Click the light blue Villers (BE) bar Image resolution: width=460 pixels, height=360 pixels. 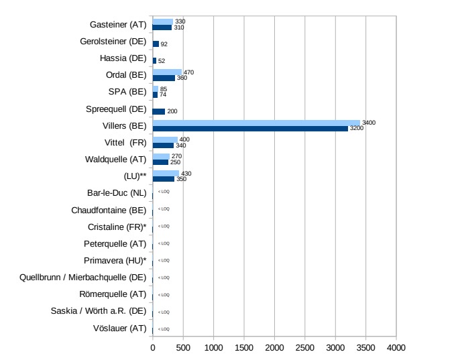256,123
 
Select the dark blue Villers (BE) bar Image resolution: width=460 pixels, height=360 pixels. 250,128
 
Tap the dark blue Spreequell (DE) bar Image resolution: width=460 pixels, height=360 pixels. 159,111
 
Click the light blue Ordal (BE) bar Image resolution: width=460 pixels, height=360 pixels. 167,72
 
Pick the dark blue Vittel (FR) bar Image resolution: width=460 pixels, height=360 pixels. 163,145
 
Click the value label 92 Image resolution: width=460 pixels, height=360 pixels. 164,44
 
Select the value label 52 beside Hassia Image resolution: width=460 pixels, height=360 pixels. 162,61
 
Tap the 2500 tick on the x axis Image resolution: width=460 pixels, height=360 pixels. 304,349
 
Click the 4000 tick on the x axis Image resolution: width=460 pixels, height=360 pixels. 396,349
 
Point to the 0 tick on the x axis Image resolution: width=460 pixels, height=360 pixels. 153,349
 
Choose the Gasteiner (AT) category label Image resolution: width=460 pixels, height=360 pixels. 118,25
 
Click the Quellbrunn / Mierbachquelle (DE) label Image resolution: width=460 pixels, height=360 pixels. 83,277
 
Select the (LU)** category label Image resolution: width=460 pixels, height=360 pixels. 132,176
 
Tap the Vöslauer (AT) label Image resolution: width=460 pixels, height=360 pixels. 119,328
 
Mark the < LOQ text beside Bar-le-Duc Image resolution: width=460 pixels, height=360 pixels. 164,192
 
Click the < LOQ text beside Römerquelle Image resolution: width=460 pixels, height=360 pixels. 164,294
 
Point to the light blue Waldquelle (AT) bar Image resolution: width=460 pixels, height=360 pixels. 161,156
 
